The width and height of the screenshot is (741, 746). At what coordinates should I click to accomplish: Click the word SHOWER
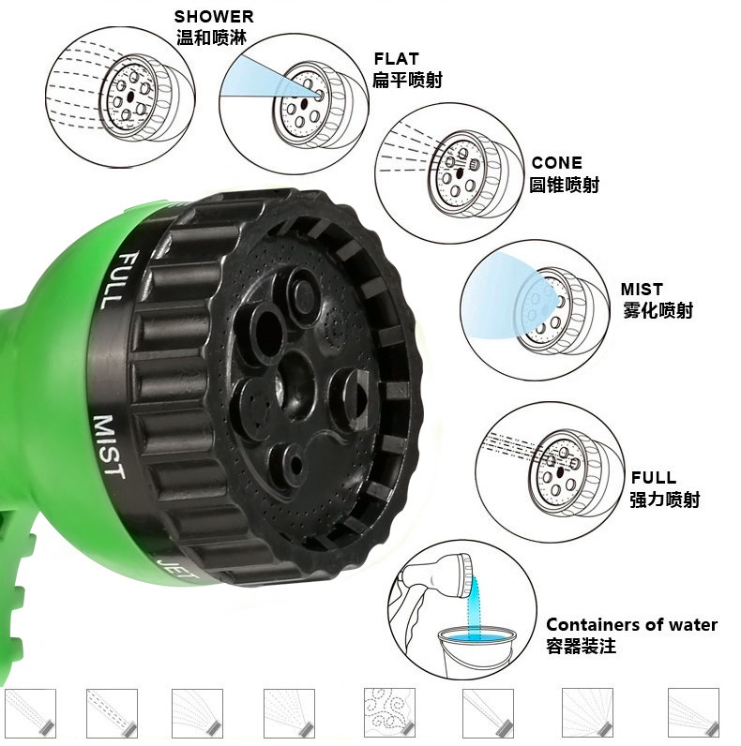point(214,17)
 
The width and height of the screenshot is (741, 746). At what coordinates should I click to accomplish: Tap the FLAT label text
point(396,58)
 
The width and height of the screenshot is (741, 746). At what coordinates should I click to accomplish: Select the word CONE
point(557,163)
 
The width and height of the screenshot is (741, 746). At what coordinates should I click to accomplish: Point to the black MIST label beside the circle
point(642,290)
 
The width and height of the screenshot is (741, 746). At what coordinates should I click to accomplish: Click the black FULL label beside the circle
point(654,477)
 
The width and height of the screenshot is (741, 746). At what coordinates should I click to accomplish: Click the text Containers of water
point(631,624)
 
